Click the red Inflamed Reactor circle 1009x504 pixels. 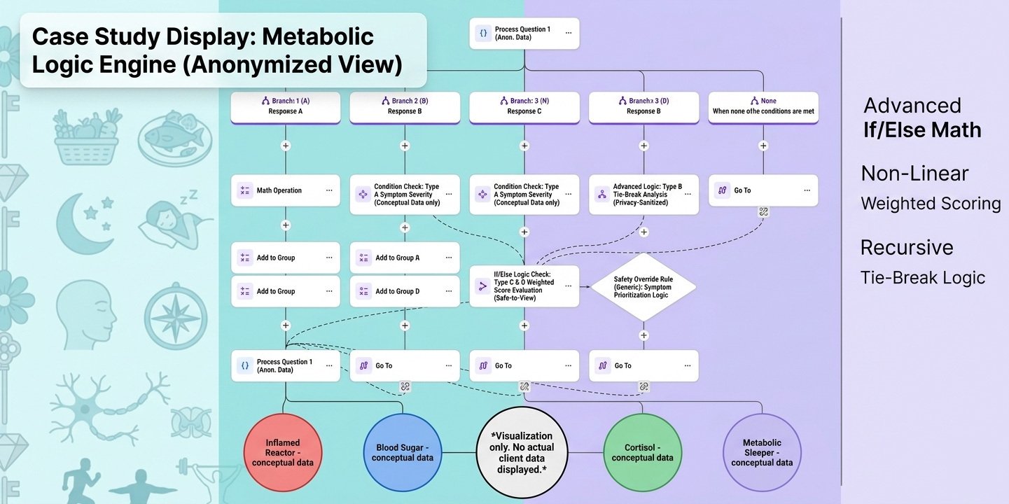tap(283, 451)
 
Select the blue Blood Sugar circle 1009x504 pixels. tap(403, 451)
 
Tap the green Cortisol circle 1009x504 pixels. tap(642, 451)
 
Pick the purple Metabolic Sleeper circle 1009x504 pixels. tap(762, 451)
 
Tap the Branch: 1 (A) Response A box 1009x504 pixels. tap(285, 106)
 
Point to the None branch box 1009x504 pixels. tap(763, 106)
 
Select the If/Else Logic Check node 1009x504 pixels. tap(524, 286)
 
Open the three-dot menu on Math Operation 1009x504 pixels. tap(329, 190)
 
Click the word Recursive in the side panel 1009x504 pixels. tap(907, 248)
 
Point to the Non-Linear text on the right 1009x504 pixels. tap(914, 174)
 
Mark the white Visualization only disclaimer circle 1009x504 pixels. tap(522, 451)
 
